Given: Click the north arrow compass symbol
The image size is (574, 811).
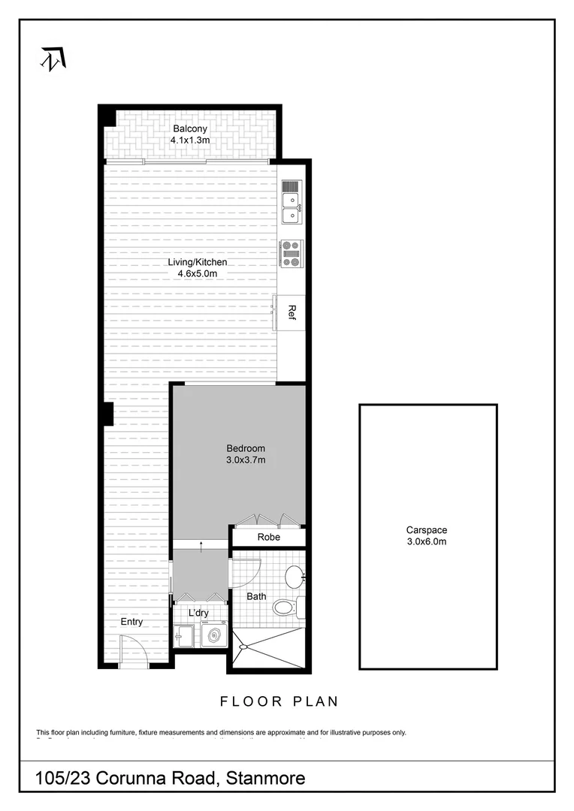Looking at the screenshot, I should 52,58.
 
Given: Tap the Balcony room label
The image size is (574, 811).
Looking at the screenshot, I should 189,128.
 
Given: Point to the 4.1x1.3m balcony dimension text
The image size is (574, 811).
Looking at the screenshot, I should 189,140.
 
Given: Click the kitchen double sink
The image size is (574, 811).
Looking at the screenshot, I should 290,207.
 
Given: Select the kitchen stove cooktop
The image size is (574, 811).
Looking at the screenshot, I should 291,253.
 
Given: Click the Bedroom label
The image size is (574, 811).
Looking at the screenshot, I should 246,448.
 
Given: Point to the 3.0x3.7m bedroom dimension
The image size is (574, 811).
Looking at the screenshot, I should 246,460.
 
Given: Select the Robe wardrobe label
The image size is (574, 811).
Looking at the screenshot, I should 268,538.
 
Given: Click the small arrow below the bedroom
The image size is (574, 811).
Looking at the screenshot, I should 201,544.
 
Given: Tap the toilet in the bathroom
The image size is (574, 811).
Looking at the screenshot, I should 285,606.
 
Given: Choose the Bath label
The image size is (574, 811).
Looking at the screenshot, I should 257,598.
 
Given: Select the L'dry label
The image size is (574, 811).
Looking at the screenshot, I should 198,614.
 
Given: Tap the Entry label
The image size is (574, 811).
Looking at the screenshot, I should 131,622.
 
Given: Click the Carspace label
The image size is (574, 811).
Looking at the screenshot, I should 427,529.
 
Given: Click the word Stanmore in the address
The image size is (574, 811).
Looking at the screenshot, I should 264,779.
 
